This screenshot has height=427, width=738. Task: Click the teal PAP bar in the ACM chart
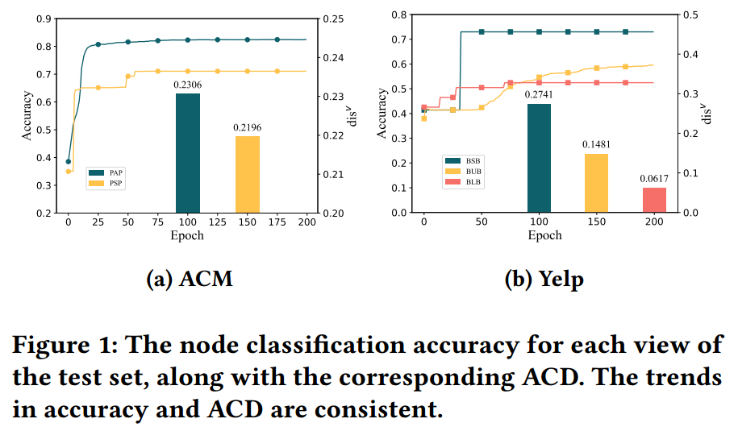point(187,153)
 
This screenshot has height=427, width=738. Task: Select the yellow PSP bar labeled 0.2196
point(248,174)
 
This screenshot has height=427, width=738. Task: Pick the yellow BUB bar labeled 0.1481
point(596,183)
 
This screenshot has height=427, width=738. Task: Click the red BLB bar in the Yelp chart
point(654,200)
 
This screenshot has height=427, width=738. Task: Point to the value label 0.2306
point(187,84)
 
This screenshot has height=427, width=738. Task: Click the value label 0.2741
point(539,95)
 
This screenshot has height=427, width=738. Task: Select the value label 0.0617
point(654,178)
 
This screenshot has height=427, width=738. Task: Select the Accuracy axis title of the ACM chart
point(27,115)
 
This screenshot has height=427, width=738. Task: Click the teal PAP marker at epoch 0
point(69,161)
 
